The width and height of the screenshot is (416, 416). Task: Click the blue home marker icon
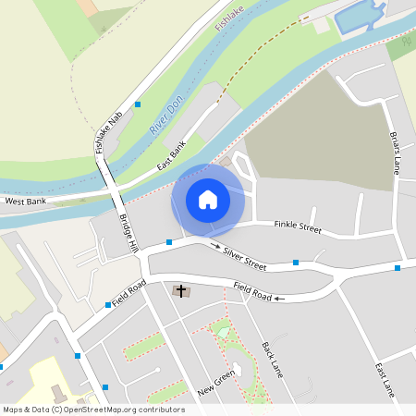(208, 200)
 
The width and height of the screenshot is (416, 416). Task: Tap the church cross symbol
(181, 291)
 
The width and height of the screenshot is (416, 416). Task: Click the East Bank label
(172, 154)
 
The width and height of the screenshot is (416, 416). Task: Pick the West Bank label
(24, 201)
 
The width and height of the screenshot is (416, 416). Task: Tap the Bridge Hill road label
(128, 234)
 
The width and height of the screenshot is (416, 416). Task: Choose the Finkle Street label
(297, 226)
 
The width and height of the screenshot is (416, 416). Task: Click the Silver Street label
(244, 260)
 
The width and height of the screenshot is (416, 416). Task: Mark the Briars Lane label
(396, 153)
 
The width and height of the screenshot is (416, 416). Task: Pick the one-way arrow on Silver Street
(215, 246)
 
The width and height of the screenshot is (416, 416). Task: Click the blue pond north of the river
(359, 17)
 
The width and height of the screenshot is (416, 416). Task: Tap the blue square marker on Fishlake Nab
(138, 104)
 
